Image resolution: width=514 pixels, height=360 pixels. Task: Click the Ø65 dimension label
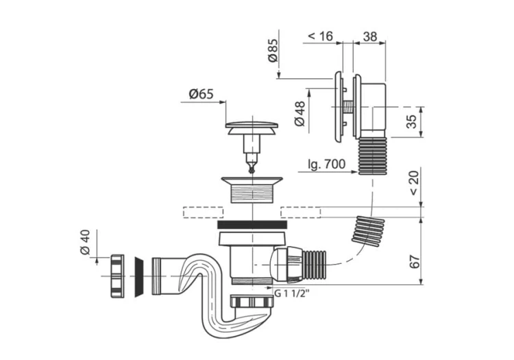(x=201, y=95)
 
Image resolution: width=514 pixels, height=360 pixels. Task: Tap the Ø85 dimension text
(x=272, y=51)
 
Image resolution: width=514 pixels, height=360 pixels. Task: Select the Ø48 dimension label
(x=299, y=113)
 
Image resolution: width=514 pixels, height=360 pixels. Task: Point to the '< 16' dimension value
(x=321, y=36)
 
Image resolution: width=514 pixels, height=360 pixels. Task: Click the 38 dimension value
(x=370, y=36)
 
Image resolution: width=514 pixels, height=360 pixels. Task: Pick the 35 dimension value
(x=412, y=121)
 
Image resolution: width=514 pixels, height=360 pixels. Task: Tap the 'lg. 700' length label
(x=326, y=164)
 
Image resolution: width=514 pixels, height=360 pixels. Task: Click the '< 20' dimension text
(x=414, y=183)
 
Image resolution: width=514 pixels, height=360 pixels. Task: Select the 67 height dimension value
(x=415, y=261)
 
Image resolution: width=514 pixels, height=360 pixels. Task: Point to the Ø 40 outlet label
(x=84, y=242)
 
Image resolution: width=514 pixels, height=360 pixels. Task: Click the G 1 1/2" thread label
(x=291, y=293)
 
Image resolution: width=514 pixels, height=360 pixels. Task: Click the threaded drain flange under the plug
(x=252, y=189)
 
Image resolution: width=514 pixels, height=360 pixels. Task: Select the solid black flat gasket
(x=252, y=225)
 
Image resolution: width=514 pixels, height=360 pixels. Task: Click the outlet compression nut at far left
(x=117, y=276)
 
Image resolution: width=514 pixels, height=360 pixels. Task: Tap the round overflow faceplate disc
(x=339, y=107)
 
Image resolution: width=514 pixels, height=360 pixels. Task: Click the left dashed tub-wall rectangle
(x=204, y=213)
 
